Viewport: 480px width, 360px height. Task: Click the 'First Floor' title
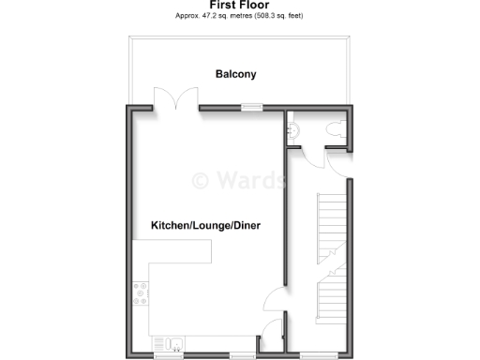tap(239, 6)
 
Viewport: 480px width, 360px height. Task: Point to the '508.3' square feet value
tap(263, 17)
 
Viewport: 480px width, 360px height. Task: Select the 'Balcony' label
tap(235, 74)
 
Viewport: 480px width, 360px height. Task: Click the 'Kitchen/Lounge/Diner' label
tap(205, 226)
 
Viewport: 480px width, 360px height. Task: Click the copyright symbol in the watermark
tap(201, 180)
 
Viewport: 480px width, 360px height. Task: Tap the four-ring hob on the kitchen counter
tap(140, 294)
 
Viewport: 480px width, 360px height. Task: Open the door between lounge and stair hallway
tap(274, 302)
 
